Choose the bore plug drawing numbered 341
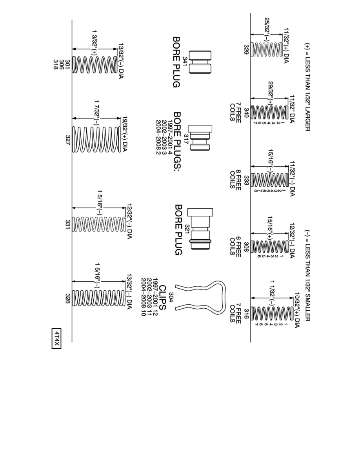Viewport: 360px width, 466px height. click(200, 62)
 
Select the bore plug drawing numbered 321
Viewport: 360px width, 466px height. click(199, 229)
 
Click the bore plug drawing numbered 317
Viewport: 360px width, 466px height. click(200, 138)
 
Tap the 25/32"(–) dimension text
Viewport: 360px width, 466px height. click(267, 27)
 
